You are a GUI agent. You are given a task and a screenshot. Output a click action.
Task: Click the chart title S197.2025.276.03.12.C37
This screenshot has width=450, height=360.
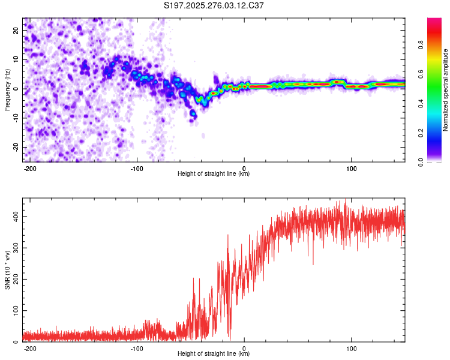[x=214, y=6]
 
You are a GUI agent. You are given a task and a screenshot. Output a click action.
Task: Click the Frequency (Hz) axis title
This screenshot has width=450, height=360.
[x=7, y=89]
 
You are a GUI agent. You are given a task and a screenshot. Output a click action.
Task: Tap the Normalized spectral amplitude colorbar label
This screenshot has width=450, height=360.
[x=445, y=90]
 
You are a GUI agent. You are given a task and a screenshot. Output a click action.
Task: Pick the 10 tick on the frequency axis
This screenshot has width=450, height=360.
[x=16, y=60]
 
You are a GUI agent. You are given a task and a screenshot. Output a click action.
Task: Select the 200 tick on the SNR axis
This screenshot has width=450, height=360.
[x=14, y=279]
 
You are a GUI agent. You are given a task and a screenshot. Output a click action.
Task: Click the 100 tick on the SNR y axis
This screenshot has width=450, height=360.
[x=14, y=311]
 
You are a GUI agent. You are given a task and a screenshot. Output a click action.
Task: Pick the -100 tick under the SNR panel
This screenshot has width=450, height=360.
[x=137, y=348]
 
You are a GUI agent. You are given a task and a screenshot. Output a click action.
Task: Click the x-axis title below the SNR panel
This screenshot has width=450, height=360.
[x=214, y=354]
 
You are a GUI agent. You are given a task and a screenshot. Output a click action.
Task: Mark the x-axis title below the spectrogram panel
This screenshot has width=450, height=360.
[x=214, y=174]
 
